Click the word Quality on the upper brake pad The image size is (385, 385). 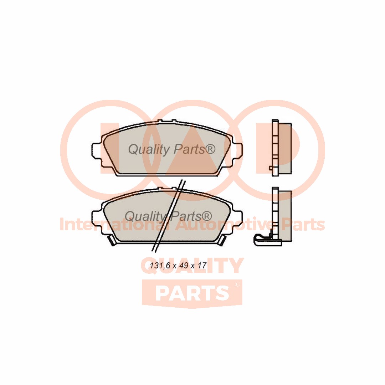(149, 150)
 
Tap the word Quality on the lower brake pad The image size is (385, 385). (145, 216)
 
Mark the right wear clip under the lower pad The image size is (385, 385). (222, 241)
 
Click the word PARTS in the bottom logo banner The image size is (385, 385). (192, 293)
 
